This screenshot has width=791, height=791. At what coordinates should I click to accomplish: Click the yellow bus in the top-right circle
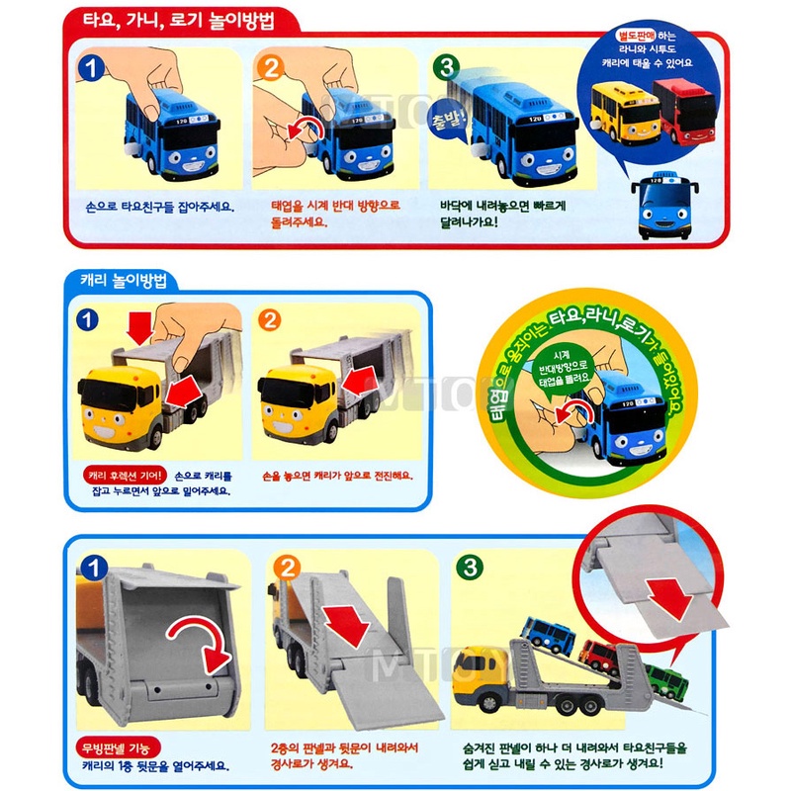coord(620,112)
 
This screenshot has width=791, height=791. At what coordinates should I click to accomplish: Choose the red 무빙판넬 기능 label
coord(117,746)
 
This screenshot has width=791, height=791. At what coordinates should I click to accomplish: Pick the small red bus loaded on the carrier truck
coord(598,654)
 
